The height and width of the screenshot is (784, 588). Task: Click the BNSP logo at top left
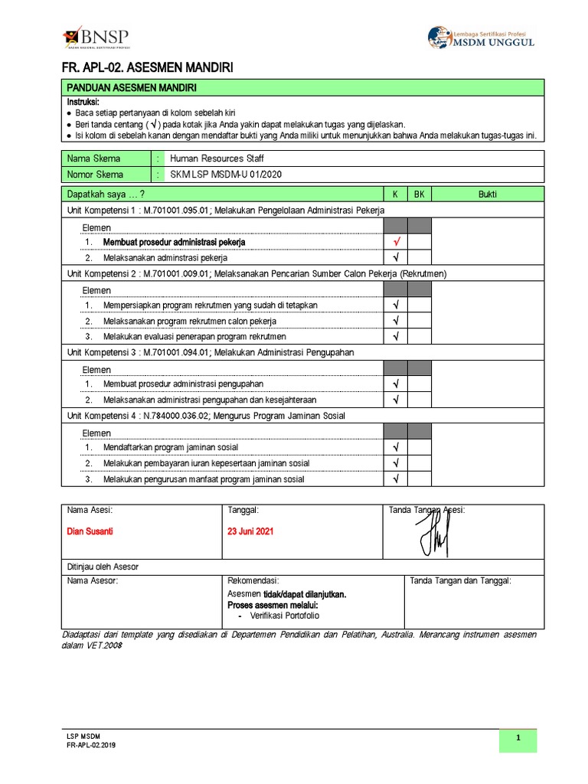coord(96,38)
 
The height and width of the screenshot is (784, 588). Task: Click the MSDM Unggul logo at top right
coord(482,38)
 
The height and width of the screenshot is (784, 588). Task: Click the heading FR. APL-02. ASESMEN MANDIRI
coord(147,69)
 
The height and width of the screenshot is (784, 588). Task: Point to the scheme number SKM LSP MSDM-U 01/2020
coord(226,175)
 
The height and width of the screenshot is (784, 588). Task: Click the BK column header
coord(419,194)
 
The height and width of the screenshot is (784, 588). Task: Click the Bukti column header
coord(488,194)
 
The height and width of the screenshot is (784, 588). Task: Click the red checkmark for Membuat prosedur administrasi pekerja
coord(396,242)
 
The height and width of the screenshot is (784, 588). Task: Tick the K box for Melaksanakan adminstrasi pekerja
coord(396,258)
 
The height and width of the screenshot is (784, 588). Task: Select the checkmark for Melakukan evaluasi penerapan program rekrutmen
coord(396,336)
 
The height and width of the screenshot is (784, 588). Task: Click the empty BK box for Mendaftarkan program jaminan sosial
coord(420,447)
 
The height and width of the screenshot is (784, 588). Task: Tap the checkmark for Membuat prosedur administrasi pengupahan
coord(396,384)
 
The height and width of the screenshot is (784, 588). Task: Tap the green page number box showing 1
coord(518,739)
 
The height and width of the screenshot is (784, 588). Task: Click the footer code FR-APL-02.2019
coord(92,745)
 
